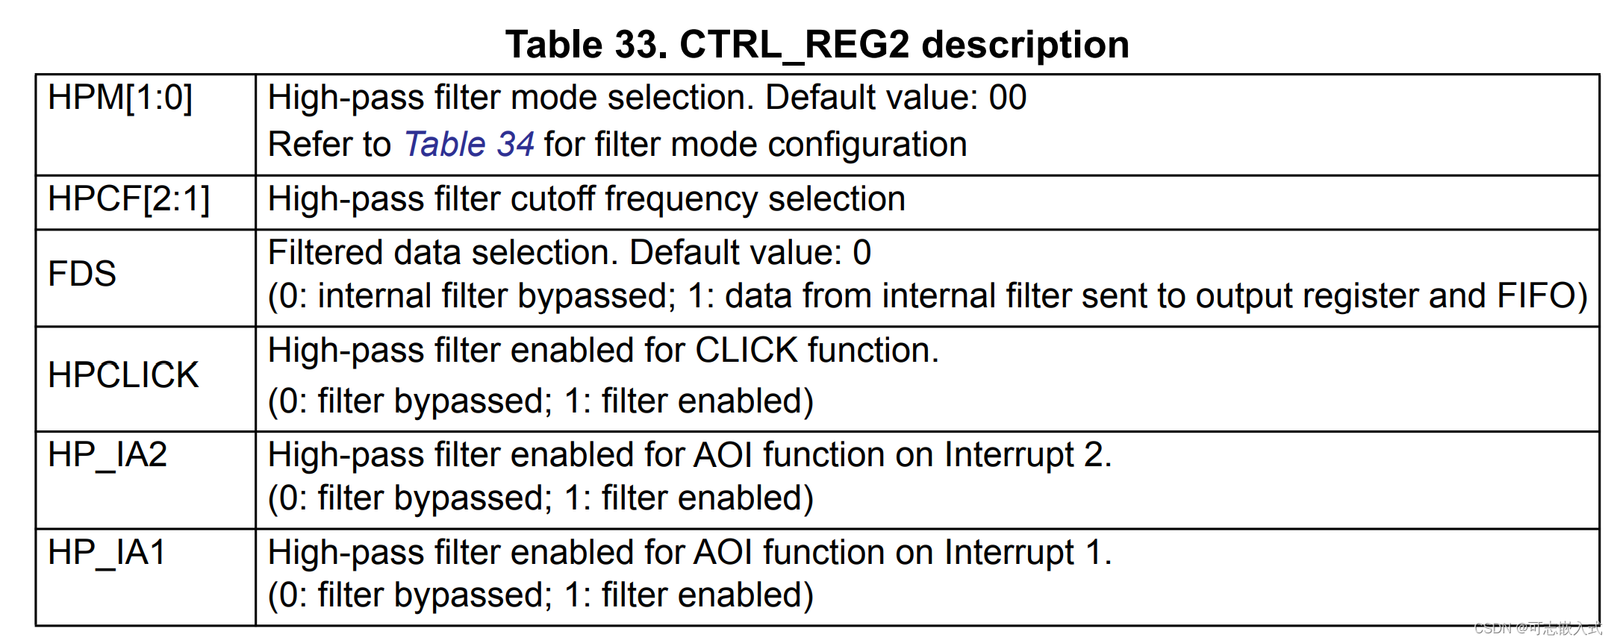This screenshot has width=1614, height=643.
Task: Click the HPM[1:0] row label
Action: [x=119, y=98]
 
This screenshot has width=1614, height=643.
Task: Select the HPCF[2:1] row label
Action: [x=128, y=200]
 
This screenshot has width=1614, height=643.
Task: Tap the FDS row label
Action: [x=82, y=274]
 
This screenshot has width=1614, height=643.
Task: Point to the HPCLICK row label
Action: [x=123, y=375]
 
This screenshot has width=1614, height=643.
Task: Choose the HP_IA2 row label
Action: [x=108, y=455]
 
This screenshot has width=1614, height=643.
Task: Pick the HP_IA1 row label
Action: [x=106, y=553]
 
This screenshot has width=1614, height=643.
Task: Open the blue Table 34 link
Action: [x=469, y=145]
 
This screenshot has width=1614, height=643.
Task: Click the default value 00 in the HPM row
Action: [x=1008, y=98]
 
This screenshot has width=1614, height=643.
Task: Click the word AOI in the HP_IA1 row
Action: [x=723, y=553]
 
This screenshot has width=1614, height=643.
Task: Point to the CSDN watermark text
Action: [x=1538, y=628]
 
